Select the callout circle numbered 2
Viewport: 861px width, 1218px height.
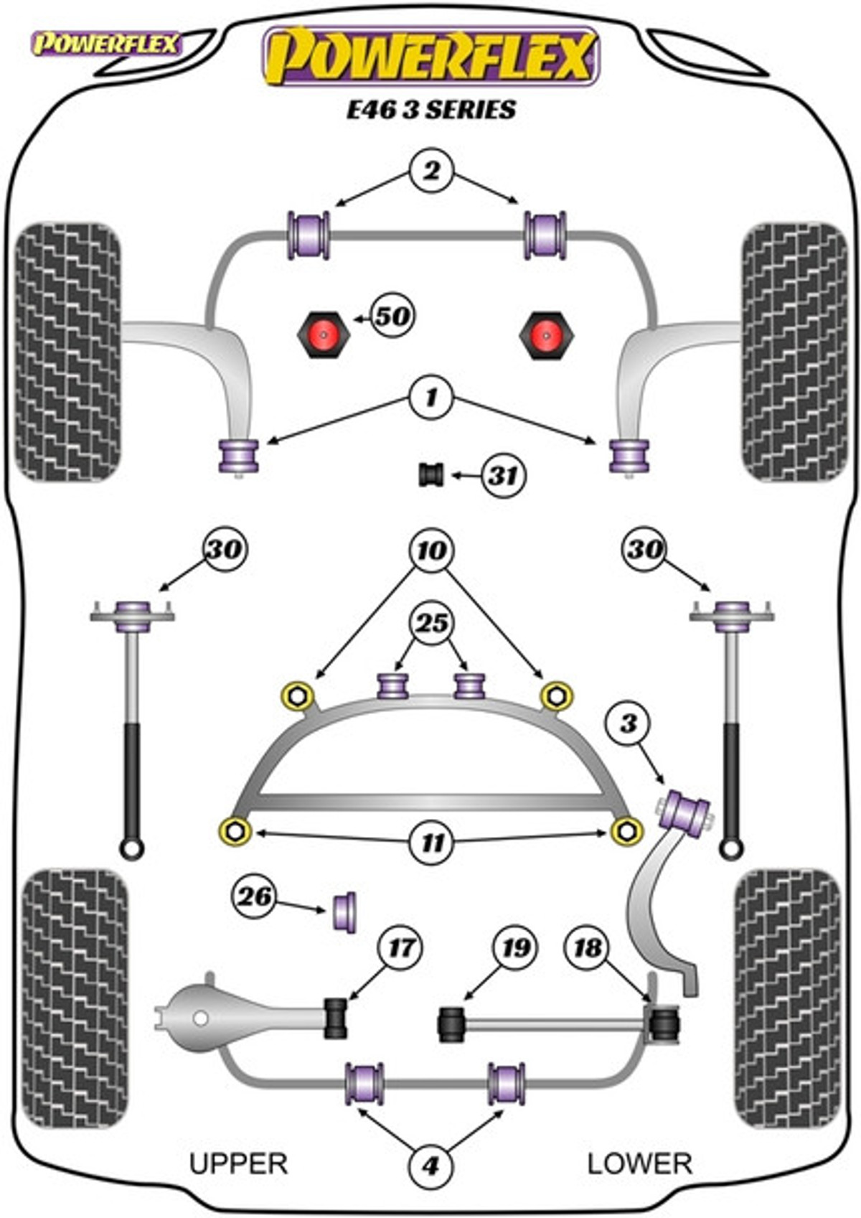431,172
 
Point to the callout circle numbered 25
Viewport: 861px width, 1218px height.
432,623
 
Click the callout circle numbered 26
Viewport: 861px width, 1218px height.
255,896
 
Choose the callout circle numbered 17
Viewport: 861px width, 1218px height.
400,947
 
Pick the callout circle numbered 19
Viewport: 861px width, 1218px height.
514,947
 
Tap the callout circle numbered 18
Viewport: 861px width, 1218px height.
588,947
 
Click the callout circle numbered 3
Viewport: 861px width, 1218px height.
629,723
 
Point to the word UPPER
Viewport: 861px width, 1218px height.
238,1163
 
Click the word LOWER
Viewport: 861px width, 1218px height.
640,1163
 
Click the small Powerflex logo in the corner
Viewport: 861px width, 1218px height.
106,44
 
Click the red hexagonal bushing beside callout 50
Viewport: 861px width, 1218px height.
321,334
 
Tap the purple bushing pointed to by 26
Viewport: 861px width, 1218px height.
344,912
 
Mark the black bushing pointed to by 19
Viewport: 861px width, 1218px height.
451,1024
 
